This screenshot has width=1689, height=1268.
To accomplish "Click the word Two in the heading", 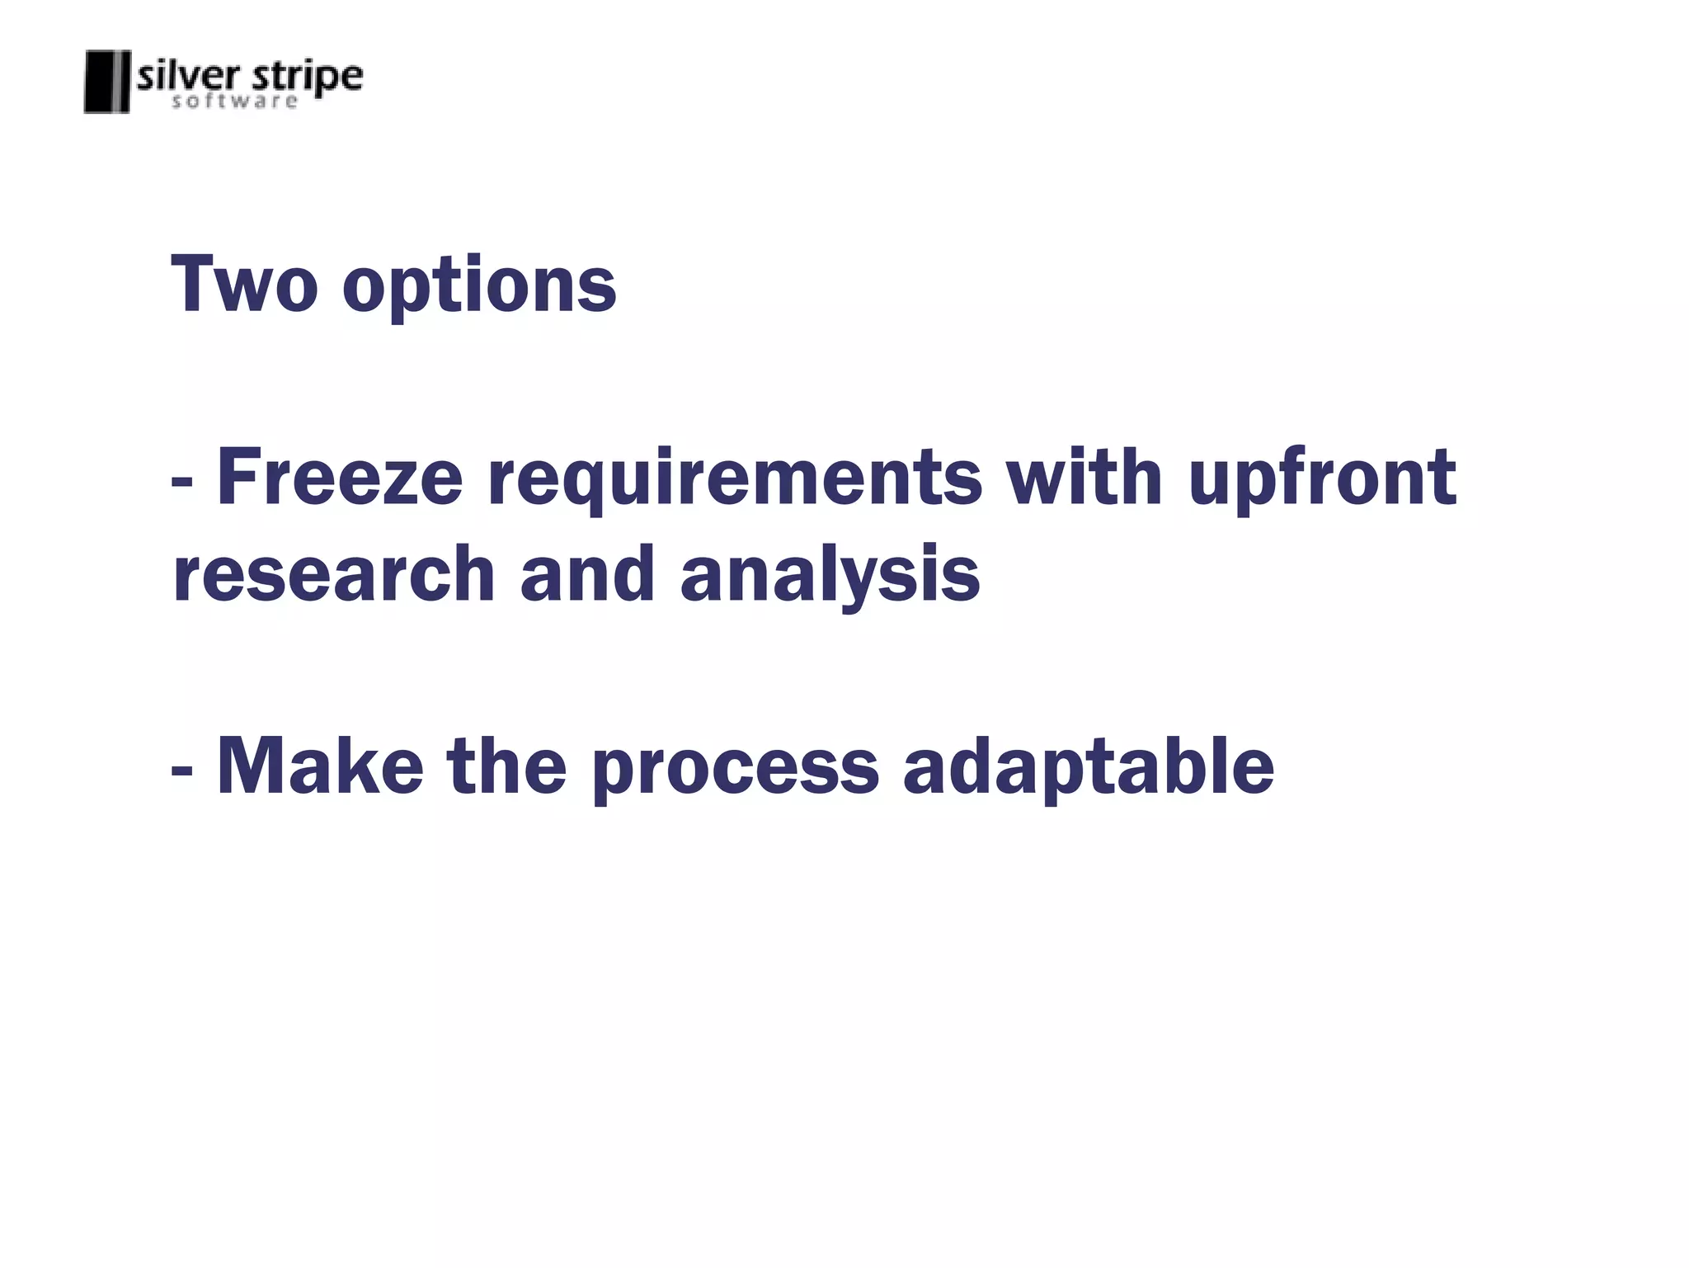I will tap(244, 284).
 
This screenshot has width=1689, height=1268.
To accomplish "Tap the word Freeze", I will tap(340, 478).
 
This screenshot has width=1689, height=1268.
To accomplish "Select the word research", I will tap(334, 574).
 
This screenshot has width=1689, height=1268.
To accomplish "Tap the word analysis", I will tap(830, 577).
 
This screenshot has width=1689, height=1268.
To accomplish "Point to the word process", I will tap(736, 771).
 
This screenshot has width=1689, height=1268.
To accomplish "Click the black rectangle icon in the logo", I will tap(107, 81).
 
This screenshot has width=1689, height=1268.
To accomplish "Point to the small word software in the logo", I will tap(234, 101).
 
